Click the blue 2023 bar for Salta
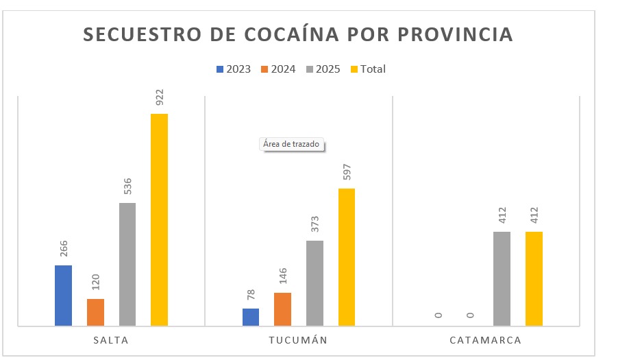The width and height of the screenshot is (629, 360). click(63, 296)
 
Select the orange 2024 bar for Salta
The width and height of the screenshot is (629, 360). click(95, 313)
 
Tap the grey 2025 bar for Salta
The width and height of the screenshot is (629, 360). click(127, 265)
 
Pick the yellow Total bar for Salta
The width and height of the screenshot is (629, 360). click(159, 220)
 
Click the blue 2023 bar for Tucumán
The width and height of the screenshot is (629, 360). click(251, 317)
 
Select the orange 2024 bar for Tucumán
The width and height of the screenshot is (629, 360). click(282, 309)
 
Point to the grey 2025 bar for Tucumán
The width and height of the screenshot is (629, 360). click(314, 283)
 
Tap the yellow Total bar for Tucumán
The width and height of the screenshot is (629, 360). click(347, 257)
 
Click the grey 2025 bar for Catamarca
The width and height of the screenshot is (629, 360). click(502, 279)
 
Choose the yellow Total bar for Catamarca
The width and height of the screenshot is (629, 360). click(534, 279)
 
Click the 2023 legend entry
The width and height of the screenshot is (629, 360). click(234, 69)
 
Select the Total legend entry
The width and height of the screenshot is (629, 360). click(368, 69)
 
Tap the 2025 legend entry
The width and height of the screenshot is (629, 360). click(323, 69)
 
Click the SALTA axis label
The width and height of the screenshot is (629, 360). click(110, 340)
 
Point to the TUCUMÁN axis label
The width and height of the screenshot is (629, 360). click(297, 340)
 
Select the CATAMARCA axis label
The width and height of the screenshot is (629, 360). click(486, 340)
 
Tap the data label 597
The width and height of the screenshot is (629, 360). click(347, 172)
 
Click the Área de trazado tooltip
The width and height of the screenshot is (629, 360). click(291, 145)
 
